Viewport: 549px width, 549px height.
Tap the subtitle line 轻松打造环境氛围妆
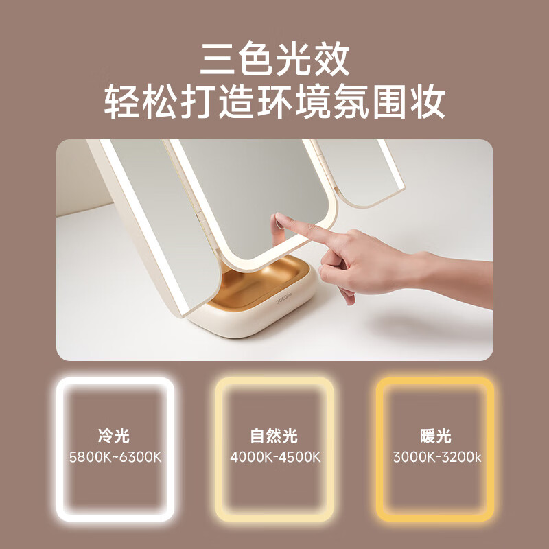(274, 103)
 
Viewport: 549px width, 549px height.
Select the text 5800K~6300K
(115, 457)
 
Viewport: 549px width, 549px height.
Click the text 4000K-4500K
(274, 457)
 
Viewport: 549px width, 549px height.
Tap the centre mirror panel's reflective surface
(240, 192)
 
